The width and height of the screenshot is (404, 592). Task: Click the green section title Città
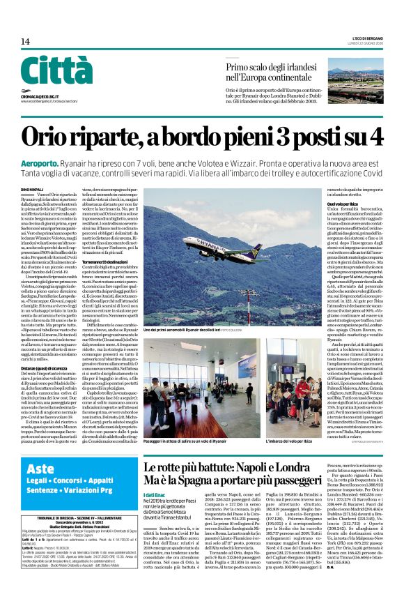click(x=56, y=71)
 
